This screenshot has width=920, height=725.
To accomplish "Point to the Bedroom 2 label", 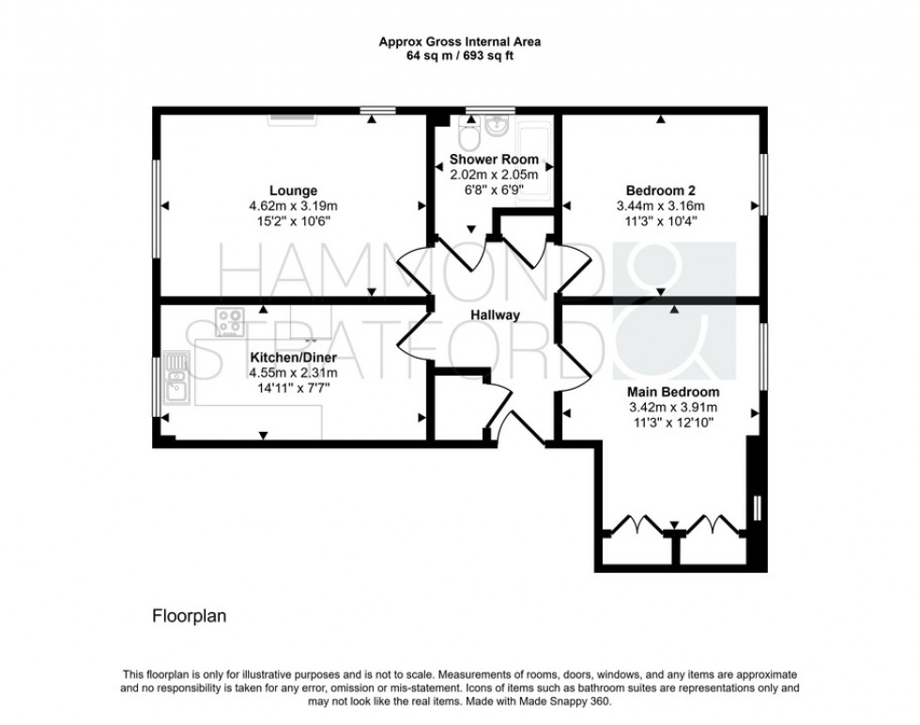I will [x=660, y=191].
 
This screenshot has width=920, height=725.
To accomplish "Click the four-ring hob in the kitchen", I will [x=229, y=322].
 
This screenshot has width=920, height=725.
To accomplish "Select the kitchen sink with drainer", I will [x=176, y=374].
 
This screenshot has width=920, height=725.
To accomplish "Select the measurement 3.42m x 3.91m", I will [x=674, y=407].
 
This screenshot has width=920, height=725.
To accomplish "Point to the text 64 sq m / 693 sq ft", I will [x=459, y=55].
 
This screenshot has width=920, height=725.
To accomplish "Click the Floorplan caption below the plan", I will [x=189, y=617].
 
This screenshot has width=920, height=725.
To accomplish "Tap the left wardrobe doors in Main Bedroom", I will [x=636, y=523].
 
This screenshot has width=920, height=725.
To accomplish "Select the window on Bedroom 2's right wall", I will [x=764, y=184].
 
